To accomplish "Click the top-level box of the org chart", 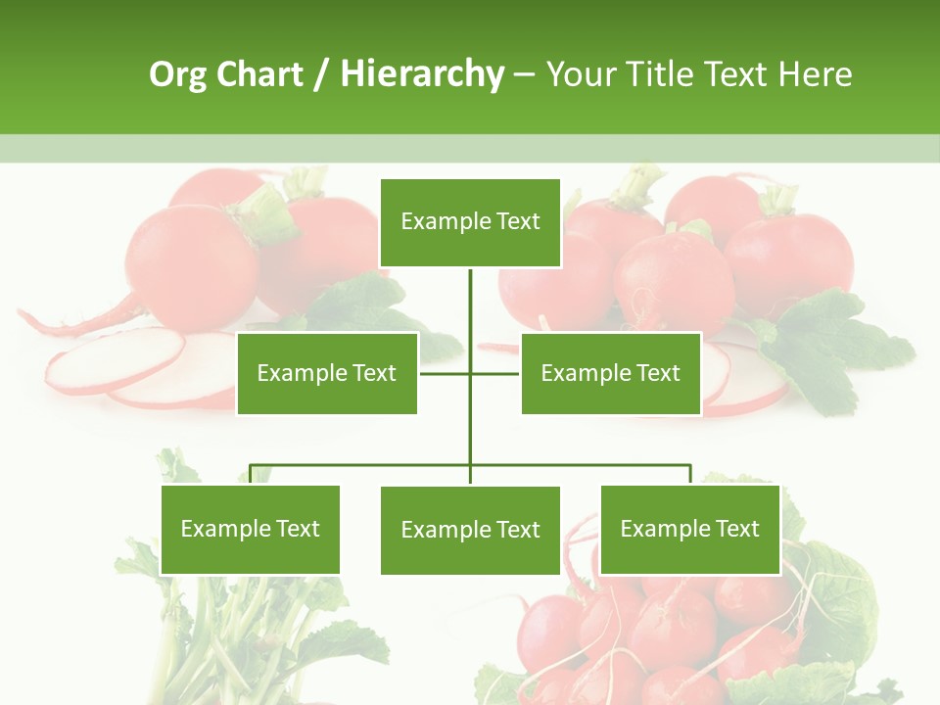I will click(470, 222).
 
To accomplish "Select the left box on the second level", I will click(327, 373).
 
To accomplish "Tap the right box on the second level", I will click(611, 373).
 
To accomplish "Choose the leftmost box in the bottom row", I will click(251, 529).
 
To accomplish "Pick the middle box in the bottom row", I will click(470, 530).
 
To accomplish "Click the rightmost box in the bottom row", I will click(690, 529).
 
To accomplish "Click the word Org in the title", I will click(177, 74).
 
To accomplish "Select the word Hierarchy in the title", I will click(422, 74).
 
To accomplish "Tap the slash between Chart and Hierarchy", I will click(319, 74).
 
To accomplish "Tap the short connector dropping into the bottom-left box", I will click(251, 475).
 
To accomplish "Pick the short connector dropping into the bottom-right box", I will click(690, 475).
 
